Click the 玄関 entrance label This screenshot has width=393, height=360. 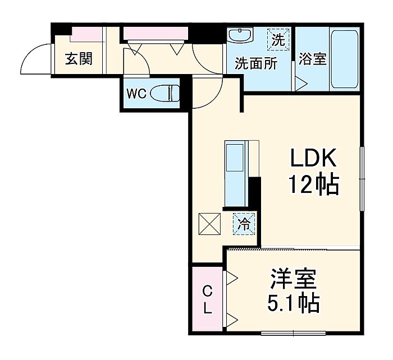tap(78, 59)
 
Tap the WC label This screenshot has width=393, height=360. tap(136, 93)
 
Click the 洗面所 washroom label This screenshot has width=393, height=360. tap(256, 63)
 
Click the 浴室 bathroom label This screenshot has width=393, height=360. tap(313, 58)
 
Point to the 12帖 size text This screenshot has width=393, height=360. tap(314, 184)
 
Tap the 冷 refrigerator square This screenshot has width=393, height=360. tap(245, 224)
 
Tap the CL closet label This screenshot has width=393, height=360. tap(207, 299)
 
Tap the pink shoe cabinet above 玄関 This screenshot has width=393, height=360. tap(86, 35)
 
